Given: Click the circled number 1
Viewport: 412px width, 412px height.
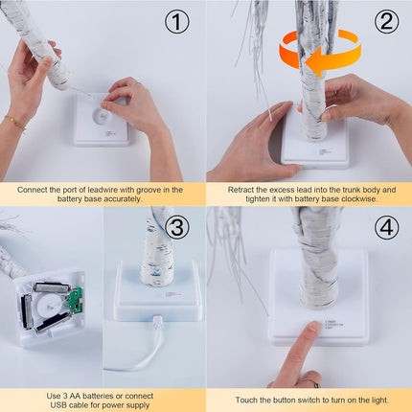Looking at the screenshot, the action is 177,22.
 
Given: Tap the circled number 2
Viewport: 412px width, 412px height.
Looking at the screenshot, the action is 386,22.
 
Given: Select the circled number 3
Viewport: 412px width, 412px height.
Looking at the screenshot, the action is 177,227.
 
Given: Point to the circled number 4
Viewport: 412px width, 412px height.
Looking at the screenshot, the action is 386,227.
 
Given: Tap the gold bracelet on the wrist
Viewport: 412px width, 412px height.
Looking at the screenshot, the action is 15,123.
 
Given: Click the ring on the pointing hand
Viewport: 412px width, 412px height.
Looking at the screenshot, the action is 310,382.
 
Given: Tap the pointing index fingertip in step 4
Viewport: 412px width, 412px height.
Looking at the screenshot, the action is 312,328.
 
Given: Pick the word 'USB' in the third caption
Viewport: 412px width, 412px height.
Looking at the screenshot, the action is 57,405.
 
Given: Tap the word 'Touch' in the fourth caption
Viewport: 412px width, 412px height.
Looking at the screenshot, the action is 245,401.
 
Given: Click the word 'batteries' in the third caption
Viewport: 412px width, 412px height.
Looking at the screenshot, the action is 98,397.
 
